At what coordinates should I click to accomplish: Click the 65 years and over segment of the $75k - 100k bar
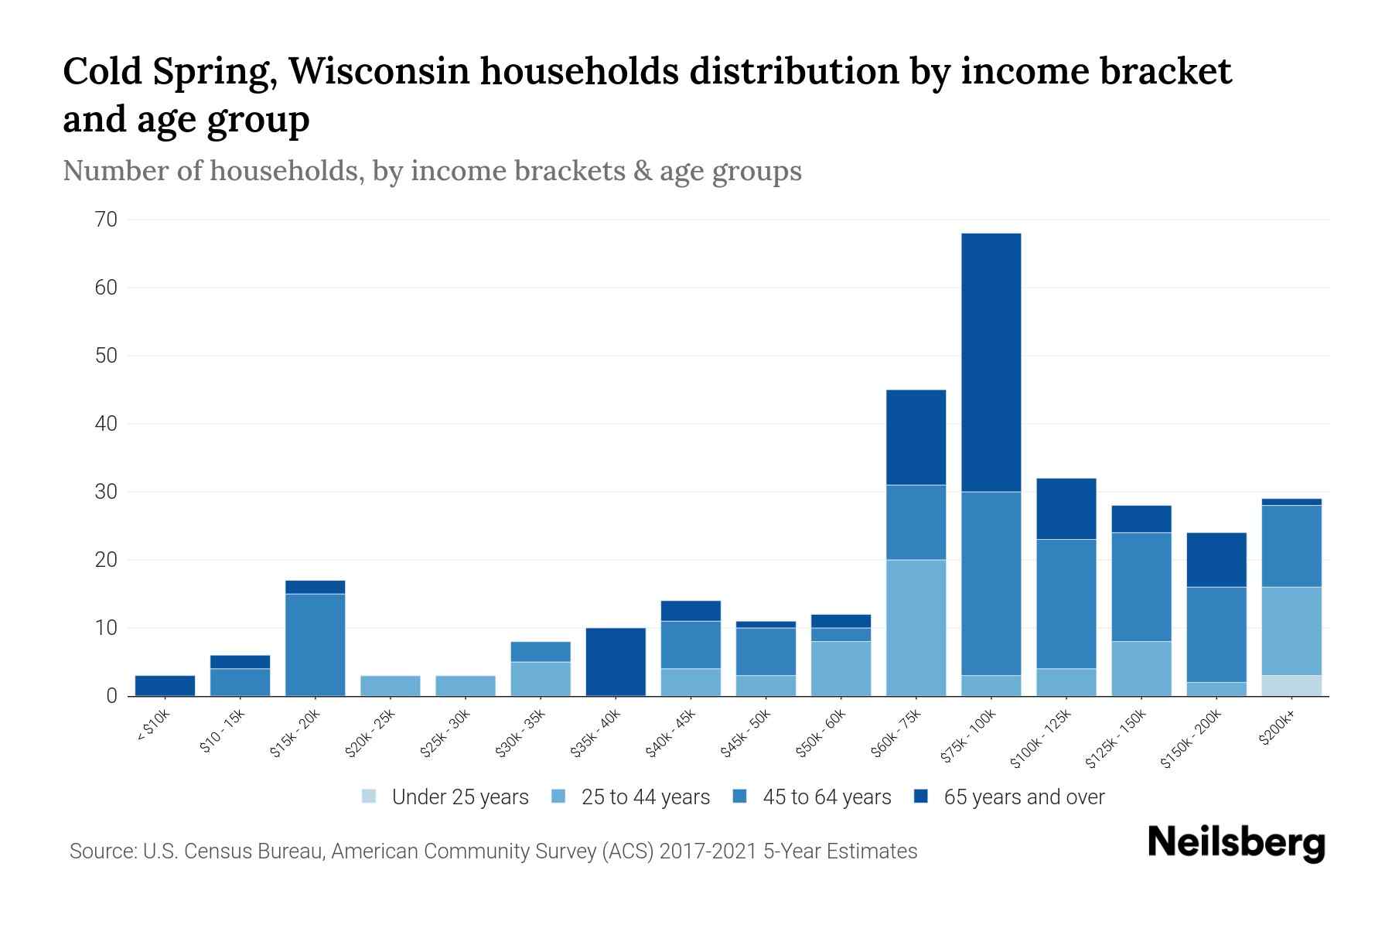[991, 362]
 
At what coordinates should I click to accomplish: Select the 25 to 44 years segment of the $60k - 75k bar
[916, 627]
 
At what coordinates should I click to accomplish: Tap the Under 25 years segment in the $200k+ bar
[1291, 685]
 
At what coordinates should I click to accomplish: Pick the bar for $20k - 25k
[390, 686]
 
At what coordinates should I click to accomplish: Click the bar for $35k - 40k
[616, 662]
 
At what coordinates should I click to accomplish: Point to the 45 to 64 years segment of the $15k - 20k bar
[315, 644]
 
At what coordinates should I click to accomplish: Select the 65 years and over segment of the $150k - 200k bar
[1216, 560]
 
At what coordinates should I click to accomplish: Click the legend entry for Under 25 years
[445, 797]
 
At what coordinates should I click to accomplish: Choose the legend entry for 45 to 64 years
[811, 797]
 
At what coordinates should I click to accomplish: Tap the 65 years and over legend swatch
[920, 797]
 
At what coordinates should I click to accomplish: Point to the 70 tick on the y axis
[107, 220]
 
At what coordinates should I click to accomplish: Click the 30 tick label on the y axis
[107, 492]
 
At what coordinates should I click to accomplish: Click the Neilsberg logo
[1236, 843]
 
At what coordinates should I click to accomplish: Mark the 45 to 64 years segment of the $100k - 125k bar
[1066, 603]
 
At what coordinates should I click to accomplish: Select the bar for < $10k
[165, 686]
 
